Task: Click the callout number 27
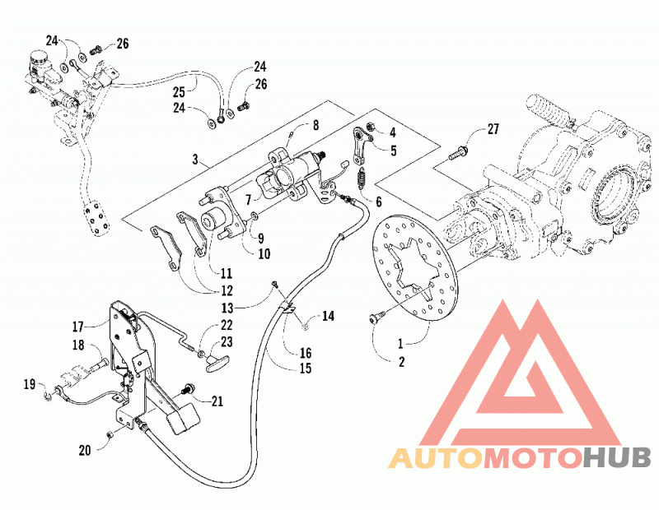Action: click(493, 129)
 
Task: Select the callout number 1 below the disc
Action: click(400, 344)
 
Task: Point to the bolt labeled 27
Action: click(458, 153)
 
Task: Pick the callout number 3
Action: click(194, 160)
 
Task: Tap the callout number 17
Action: click(78, 326)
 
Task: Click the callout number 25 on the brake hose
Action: click(180, 91)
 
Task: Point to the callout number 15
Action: click(306, 369)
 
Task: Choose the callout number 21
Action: click(217, 401)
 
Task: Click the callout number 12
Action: click(227, 290)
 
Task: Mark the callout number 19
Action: click(30, 383)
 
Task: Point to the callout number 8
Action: click(315, 125)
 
